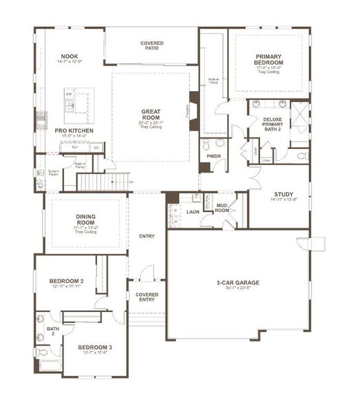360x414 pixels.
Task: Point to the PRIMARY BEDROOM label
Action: [270, 59]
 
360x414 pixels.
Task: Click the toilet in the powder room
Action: [220, 144]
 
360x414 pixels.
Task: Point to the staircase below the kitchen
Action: [102, 182]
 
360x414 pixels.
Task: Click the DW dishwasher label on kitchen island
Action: [69, 93]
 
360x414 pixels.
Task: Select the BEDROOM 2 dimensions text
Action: [66, 288]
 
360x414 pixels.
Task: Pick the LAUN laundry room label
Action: [192, 211]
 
